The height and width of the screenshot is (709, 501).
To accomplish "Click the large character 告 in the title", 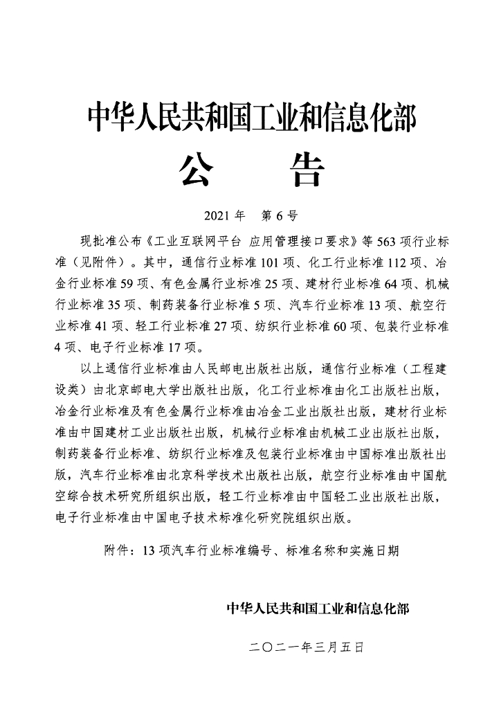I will [304, 170].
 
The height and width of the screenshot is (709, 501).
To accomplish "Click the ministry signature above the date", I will [318, 608].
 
